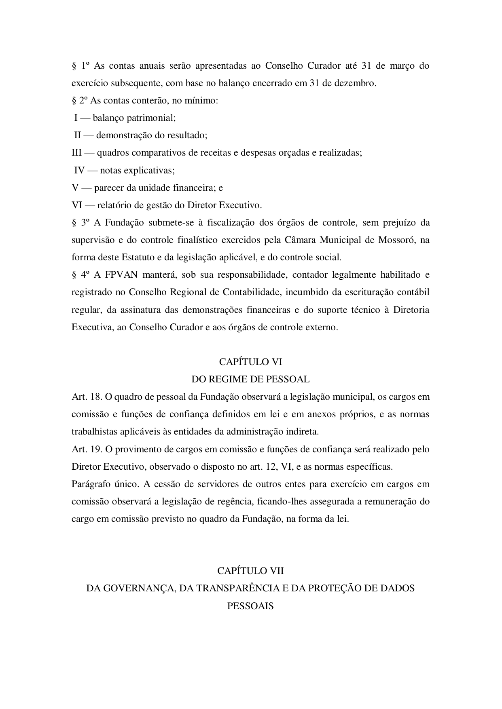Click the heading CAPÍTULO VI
(x=250, y=361)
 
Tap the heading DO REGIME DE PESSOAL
(x=250, y=379)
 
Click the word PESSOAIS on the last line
(x=250, y=606)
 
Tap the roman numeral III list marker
(x=77, y=153)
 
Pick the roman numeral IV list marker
(x=79, y=170)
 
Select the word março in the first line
(x=402, y=65)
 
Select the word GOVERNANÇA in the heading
(x=131, y=588)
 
